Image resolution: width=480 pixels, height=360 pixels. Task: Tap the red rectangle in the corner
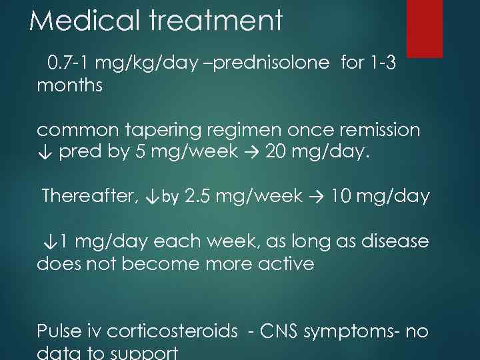pos(425,28)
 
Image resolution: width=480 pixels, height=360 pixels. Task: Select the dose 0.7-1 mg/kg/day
pos(123,63)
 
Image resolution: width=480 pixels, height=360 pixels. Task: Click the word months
pos(69,86)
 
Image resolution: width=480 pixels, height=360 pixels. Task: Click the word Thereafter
pos(89,197)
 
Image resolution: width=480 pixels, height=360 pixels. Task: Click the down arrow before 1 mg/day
pos(48,241)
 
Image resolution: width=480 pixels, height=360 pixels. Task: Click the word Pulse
pos(59,331)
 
